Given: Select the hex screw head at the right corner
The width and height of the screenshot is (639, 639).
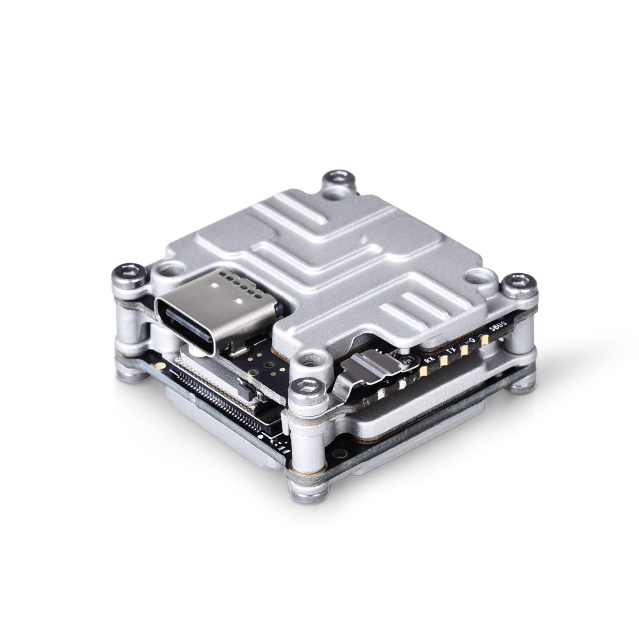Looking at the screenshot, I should point(519,284).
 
